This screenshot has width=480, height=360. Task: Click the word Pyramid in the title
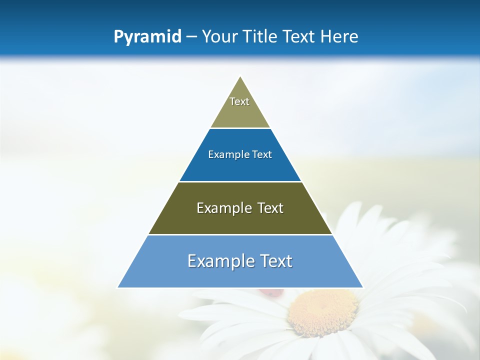pos(147,37)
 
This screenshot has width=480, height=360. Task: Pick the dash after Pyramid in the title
pos(191,37)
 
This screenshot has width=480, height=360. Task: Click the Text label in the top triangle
pos(239,101)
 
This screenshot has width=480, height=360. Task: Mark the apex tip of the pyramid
pos(240,76)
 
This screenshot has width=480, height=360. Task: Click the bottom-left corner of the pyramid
pos(118,287)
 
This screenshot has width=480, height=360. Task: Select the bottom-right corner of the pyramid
pos(363,287)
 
